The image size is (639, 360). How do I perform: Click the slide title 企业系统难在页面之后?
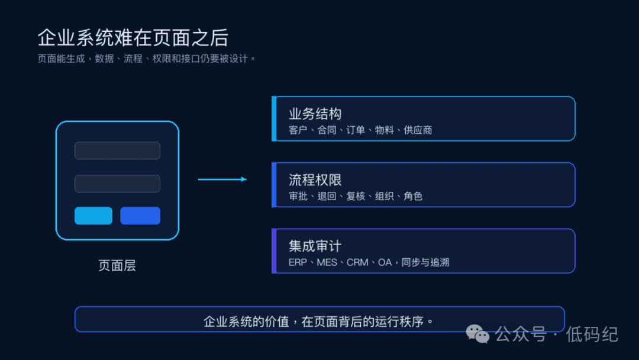tap(133, 38)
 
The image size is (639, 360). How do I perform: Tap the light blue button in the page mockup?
tap(93, 216)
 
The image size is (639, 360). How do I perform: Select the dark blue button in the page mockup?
tap(140, 216)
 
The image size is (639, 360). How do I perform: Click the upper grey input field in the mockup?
tap(117, 150)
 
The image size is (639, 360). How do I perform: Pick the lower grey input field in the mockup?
tap(117, 184)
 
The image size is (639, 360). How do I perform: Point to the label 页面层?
tap(117, 265)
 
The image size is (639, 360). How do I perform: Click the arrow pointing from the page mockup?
tap(222, 179)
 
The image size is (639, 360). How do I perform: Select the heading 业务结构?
tap(315, 114)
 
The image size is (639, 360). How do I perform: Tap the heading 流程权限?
tap(315, 180)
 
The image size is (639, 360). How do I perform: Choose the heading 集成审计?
tap(315, 246)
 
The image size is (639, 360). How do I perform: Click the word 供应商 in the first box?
tap(418, 130)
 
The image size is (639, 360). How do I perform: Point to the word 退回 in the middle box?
tap(327, 196)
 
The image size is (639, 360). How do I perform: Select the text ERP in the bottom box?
tap(298, 262)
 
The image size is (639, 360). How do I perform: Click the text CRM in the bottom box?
tap(357, 262)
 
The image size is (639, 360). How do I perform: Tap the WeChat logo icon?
tap(477, 335)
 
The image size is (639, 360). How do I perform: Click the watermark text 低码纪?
tap(592, 335)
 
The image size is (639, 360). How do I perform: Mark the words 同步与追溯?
tap(425, 262)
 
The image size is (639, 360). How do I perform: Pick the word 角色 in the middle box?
tap(413, 196)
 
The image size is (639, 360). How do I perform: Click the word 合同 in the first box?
tap(327, 130)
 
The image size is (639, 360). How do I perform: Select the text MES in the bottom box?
tap(327, 262)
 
